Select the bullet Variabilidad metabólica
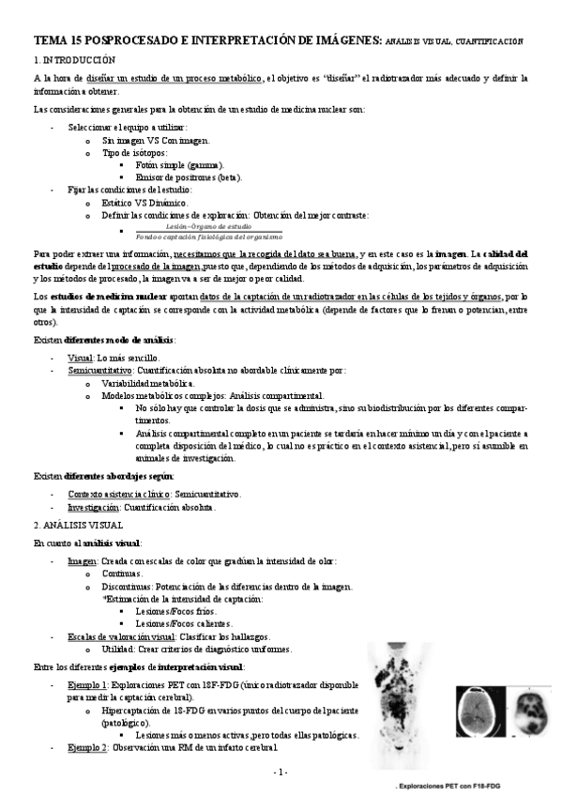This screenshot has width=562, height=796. pos(148,383)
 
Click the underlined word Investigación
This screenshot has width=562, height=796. pos(97,508)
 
